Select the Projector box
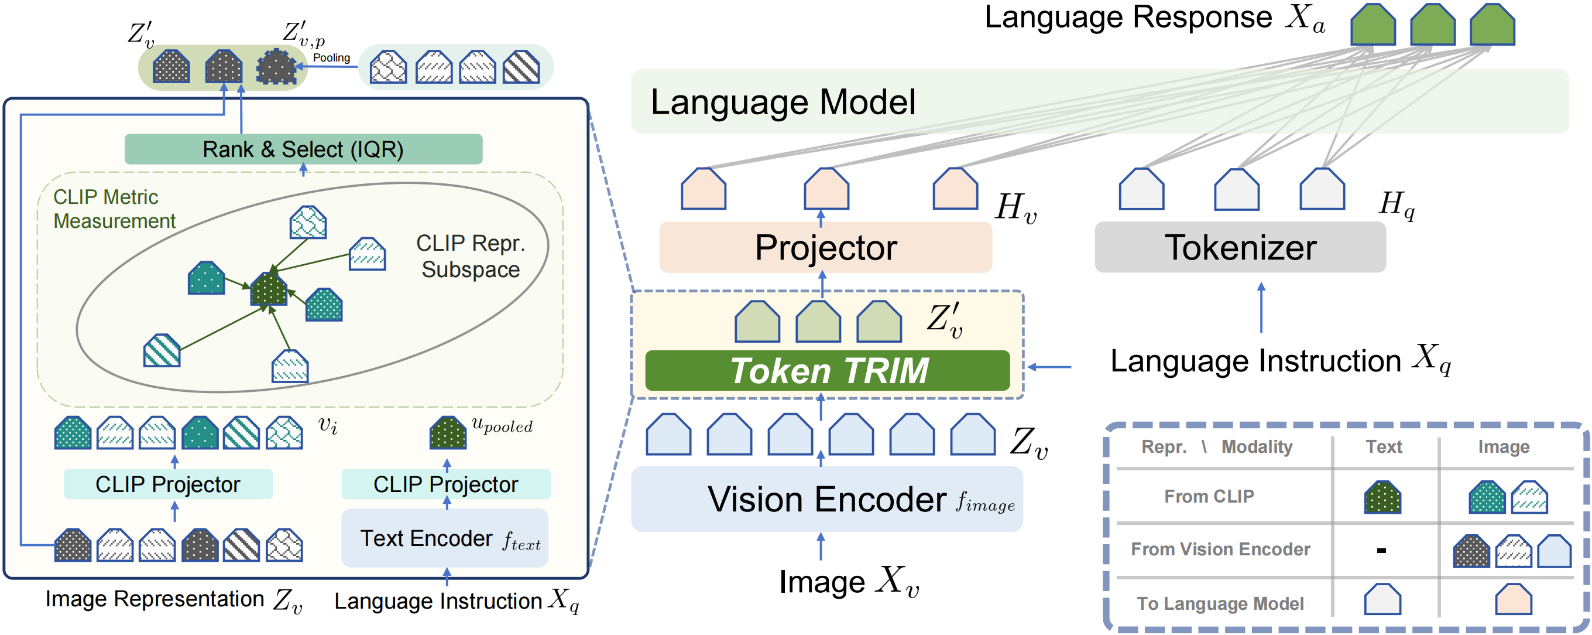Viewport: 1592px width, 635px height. tap(825, 247)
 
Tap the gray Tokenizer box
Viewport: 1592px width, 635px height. tap(1240, 247)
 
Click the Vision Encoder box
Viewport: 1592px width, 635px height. tap(826, 499)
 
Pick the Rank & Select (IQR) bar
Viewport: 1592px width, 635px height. tap(303, 149)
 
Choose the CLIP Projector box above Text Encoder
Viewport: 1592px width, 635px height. tap(445, 484)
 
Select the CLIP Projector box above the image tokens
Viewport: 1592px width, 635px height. tap(167, 484)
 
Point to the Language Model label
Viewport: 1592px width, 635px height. tap(783, 102)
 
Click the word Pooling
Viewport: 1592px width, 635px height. tap(331, 57)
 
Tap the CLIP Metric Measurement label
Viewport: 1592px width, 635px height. tap(114, 209)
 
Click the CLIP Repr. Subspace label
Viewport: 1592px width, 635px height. tap(471, 257)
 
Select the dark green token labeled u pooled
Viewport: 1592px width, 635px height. tap(447, 433)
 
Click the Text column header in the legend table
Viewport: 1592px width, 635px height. tap(1383, 446)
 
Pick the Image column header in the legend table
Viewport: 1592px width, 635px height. tap(1503, 446)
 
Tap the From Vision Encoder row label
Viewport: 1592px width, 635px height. tap(1220, 549)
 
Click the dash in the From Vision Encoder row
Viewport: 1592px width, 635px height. tap(1381, 549)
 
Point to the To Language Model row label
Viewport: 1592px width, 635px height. tap(1220, 603)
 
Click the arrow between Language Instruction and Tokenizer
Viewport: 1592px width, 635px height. tap(1261, 308)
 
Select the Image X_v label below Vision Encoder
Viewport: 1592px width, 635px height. tap(849, 581)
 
